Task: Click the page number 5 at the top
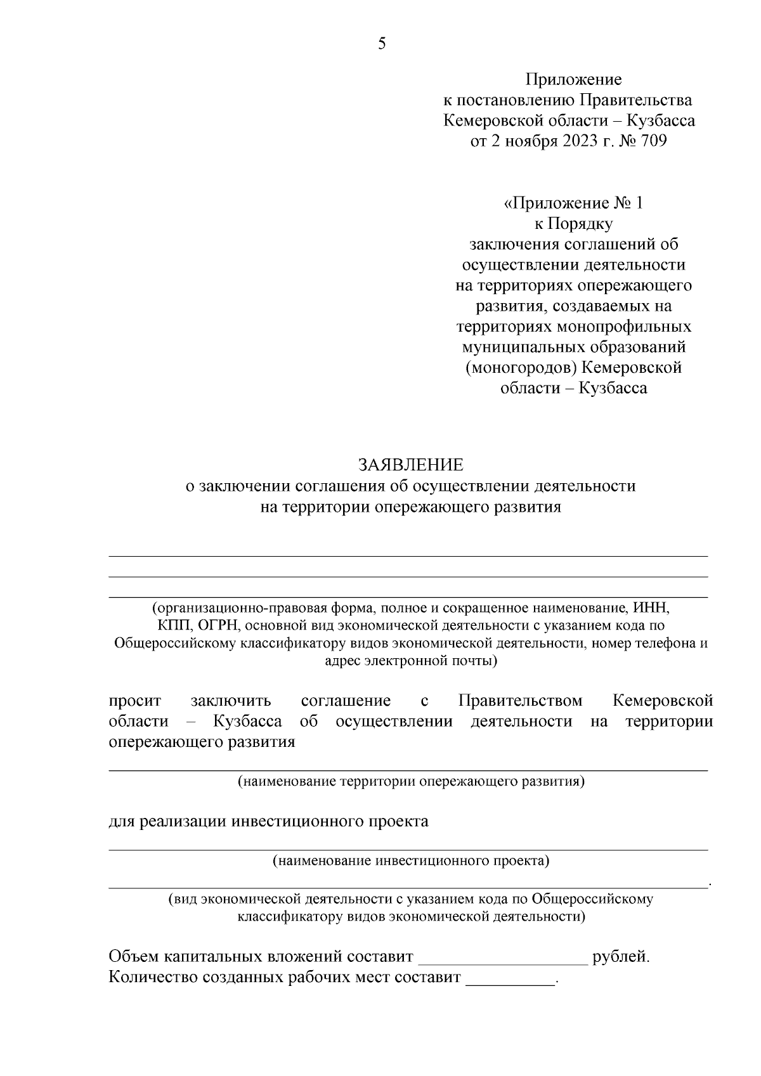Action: tap(382, 43)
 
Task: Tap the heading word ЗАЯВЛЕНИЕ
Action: tap(410, 465)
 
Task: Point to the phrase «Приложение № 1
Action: tap(573, 203)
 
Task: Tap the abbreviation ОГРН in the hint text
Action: tap(216, 626)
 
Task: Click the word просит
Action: tap(134, 701)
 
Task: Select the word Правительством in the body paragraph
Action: tap(520, 701)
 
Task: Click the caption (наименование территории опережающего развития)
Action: tap(410, 781)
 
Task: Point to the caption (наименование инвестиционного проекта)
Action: tap(410, 861)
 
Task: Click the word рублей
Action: tap(620, 956)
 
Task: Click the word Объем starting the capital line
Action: tap(134, 956)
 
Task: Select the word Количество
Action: tap(153, 977)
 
